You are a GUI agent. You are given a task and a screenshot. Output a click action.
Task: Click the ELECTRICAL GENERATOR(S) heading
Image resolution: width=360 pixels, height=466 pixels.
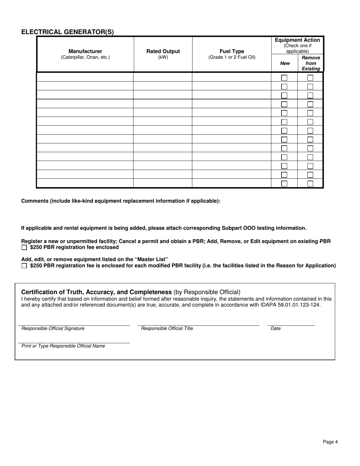(67, 32)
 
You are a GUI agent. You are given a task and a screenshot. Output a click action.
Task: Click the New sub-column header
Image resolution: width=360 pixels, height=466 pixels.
(285, 63)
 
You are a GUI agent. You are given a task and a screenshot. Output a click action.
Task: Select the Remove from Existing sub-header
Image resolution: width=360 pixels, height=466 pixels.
(311, 63)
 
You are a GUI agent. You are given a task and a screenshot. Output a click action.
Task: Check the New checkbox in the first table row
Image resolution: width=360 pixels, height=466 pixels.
(284, 78)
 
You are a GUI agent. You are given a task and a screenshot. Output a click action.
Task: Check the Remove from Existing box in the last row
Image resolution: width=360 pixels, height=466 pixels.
(310, 184)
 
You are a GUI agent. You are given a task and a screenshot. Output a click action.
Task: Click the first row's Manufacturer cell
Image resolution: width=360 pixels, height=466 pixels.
(85, 77)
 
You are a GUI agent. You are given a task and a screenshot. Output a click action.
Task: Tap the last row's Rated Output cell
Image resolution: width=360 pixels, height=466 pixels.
(163, 183)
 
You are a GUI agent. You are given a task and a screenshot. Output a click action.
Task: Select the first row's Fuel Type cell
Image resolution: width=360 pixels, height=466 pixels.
(232, 77)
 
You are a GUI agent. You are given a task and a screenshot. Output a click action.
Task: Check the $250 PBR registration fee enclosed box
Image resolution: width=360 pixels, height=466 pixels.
(24, 248)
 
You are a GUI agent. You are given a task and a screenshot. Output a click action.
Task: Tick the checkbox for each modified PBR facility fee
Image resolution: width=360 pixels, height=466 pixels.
(24, 266)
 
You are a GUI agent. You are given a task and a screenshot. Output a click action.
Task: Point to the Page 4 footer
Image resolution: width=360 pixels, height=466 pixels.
(330, 442)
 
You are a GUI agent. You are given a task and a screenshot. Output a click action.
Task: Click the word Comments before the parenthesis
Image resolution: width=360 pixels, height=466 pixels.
(34, 201)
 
